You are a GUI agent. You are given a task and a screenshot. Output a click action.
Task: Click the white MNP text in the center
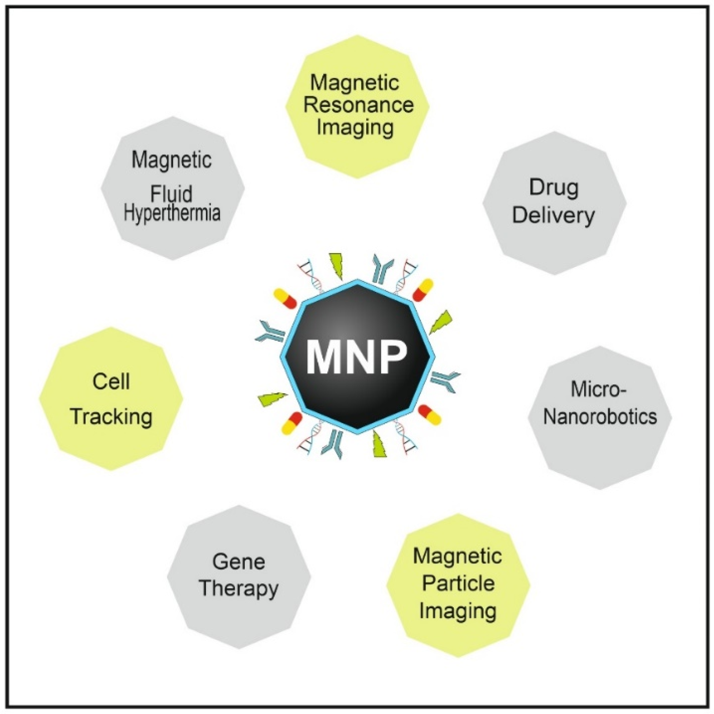point(357,357)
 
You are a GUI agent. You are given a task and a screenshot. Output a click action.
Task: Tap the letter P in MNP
point(391,357)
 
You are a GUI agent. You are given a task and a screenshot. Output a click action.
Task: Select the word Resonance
point(358,105)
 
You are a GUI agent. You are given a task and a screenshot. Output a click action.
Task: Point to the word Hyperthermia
point(172,214)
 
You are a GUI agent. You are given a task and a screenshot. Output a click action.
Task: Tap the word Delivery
point(554,215)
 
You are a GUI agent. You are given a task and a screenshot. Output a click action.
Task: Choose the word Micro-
point(599,389)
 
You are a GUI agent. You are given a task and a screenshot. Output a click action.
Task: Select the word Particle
point(458,583)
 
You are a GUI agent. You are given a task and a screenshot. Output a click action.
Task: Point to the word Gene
point(239,562)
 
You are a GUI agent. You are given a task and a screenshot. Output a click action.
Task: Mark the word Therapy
point(239,588)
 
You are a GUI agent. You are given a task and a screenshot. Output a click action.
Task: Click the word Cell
point(111,382)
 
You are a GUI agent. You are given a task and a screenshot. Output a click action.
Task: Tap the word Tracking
point(111,417)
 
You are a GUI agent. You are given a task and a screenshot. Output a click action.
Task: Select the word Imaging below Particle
point(458,610)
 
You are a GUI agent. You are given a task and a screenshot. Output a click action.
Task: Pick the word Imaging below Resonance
point(355,128)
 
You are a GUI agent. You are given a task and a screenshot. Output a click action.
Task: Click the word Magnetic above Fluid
point(172,159)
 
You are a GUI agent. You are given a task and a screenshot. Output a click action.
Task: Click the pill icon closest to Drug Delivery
point(422,290)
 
